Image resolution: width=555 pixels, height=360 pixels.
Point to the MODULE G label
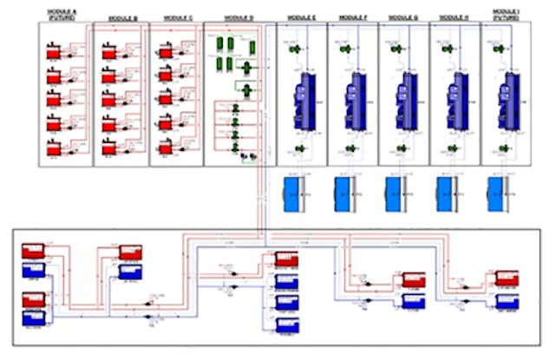(x=402, y=17)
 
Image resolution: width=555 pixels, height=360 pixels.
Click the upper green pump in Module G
(x=396, y=49)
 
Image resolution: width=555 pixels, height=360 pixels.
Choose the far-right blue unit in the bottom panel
(x=507, y=300)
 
